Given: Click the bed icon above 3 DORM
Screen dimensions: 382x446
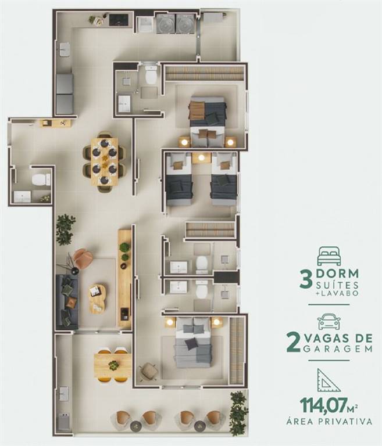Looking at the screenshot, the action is (x=329, y=256).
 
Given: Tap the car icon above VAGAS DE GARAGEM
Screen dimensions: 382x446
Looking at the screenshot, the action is (x=329, y=322).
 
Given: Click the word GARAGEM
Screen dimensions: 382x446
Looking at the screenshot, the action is (x=338, y=348).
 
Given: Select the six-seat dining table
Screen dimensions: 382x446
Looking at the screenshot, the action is (x=104, y=161).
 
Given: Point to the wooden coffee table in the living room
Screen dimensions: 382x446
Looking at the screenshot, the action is (x=98, y=298).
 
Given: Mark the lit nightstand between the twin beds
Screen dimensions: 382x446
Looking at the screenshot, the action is (x=201, y=157).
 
